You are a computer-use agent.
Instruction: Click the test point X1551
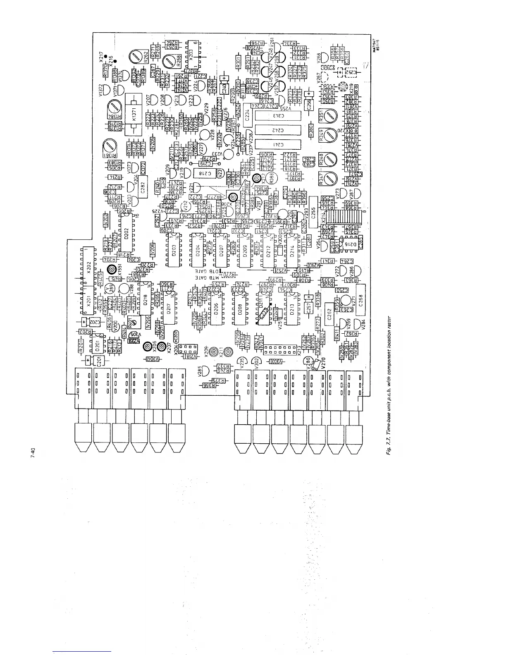point(111,270)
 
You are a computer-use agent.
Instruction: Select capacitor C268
point(360,299)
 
